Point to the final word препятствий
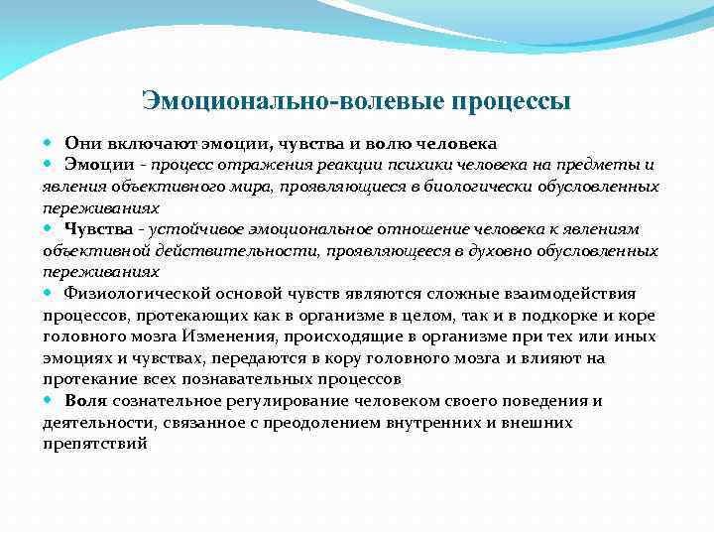pyautogui.click(x=95, y=445)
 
